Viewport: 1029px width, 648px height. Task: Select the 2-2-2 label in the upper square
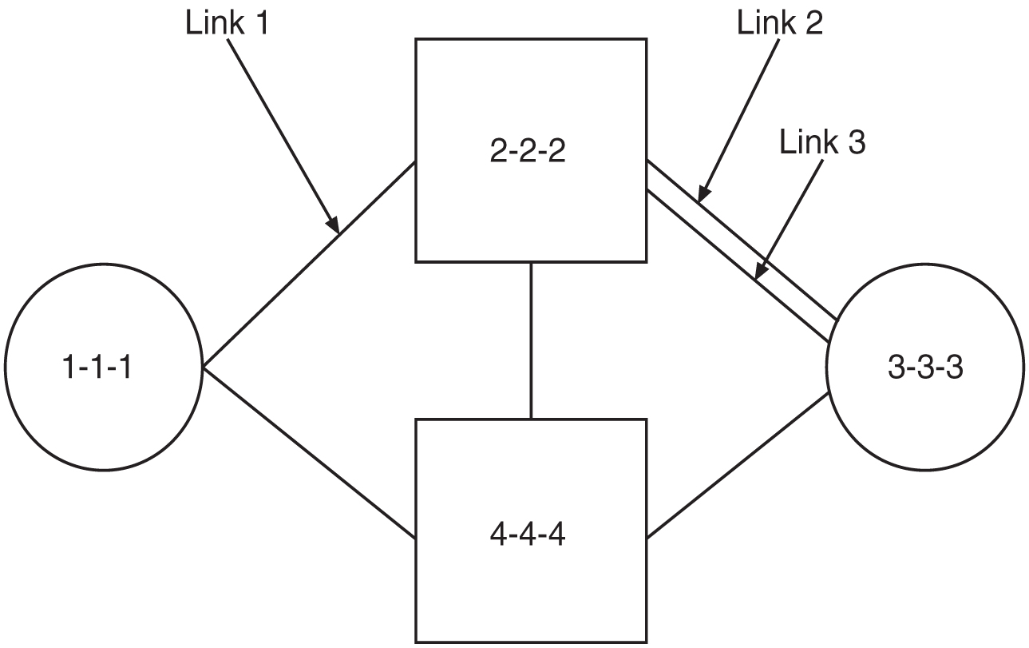[x=528, y=151]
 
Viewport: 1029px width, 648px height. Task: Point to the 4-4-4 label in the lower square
[x=528, y=533]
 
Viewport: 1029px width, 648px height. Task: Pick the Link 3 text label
[x=822, y=144]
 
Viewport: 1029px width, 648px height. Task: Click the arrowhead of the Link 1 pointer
[x=334, y=226]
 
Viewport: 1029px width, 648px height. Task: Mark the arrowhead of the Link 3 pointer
[x=758, y=274]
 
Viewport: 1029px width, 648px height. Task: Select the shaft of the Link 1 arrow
[x=279, y=128]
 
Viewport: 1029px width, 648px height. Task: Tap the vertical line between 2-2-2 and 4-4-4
[x=531, y=340]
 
